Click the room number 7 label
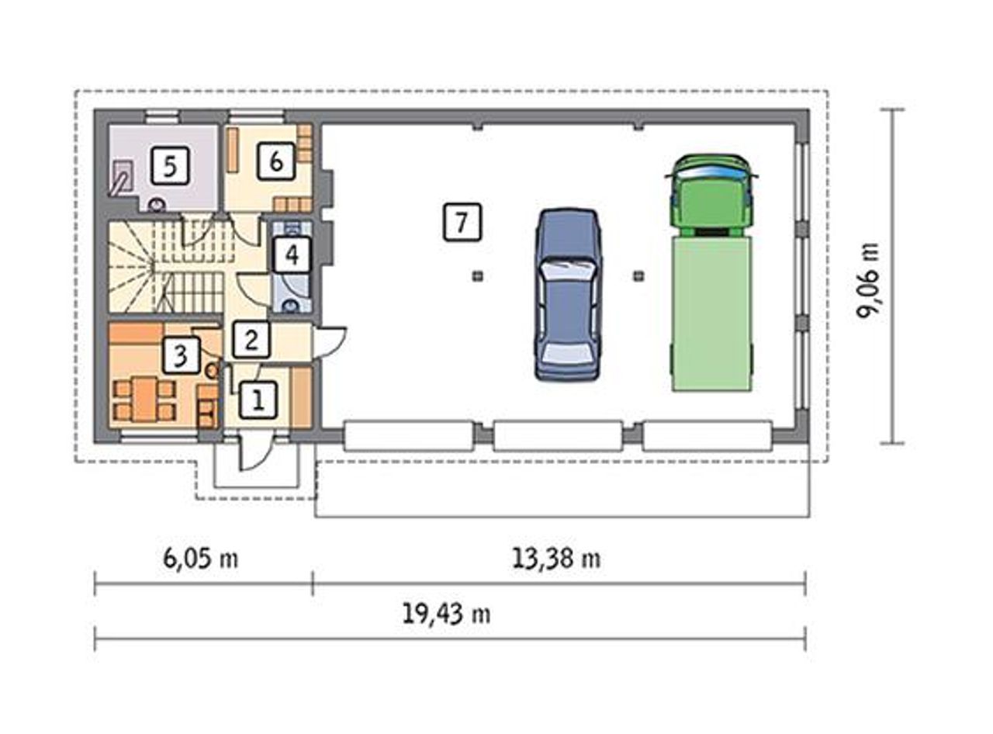(462, 222)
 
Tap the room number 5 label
(170, 166)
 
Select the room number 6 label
(276, 161)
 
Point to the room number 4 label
(292, 254)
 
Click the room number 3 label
(181, 355)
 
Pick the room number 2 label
(251, 340)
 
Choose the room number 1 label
(258, 400)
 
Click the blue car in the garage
(567, 294)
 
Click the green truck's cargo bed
(712, 314)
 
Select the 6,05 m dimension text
(200, 559)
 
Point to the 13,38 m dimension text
(556, 559)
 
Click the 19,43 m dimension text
(446, 614)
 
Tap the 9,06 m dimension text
(867, 281)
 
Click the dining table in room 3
(144, 399)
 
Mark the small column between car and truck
(638, 276)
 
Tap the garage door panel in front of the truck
(707, 436)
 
